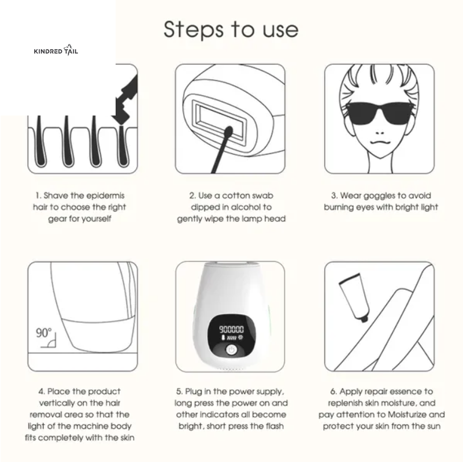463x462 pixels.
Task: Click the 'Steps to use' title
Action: click(231, 28)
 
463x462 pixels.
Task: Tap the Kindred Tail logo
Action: click(56, 51)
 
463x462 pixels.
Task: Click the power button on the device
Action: click(231, 351)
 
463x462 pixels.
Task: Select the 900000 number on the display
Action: click(231, 328)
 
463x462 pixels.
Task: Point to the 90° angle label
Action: click(43, 333)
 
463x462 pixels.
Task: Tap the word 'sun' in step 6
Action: click(433, 426)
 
